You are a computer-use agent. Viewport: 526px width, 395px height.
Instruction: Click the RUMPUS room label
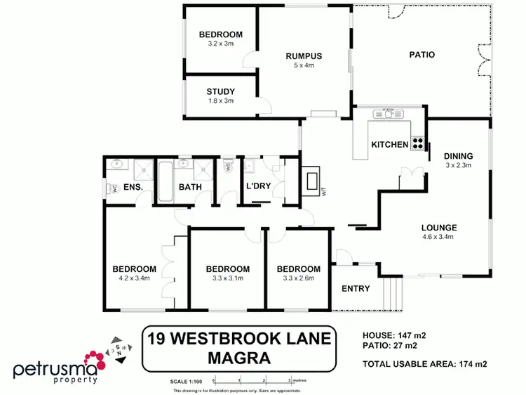tap(304, 56)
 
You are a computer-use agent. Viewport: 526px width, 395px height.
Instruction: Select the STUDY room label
tap(220, 92)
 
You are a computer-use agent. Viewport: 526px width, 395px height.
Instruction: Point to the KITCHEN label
tap(389, 145)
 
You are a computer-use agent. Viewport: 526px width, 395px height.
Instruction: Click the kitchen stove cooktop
tap(417, 143)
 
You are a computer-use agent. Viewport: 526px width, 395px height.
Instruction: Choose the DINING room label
tap(459, 156)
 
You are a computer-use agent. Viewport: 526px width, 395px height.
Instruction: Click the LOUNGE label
tap(439, 228)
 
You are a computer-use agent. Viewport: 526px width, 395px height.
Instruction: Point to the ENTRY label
tap(356, 289)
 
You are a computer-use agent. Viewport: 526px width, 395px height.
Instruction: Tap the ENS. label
tap(133, 187)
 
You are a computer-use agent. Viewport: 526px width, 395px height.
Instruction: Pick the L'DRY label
tap(257, 187)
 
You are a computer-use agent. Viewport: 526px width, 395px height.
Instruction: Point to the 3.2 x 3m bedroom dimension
tap(220, 44)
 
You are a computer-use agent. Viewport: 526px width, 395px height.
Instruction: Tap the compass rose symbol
tap(115, 349)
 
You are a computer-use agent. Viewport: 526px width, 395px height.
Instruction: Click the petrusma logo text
tap(54, 370)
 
